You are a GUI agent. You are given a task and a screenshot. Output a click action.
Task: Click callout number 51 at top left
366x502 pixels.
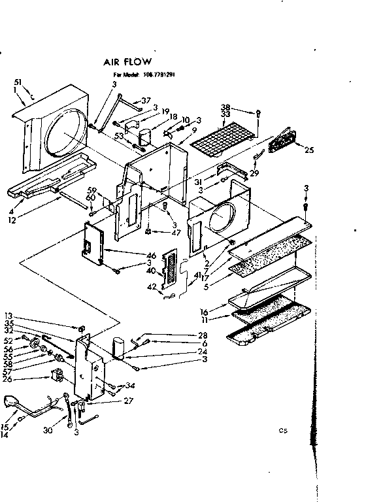click(x=18, y=82)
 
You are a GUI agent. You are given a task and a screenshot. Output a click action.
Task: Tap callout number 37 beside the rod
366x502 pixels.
click(x=146, y=101)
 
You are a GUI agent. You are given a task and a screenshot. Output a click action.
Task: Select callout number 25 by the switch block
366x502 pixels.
click(x=308, y=150)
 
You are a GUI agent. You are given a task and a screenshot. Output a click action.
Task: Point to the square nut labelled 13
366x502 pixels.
click(x=82, y=326)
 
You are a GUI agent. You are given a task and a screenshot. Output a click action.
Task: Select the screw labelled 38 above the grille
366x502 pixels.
click(x=259, y=112)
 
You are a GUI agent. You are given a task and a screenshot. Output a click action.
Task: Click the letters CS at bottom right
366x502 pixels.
click(x=282, y=431)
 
